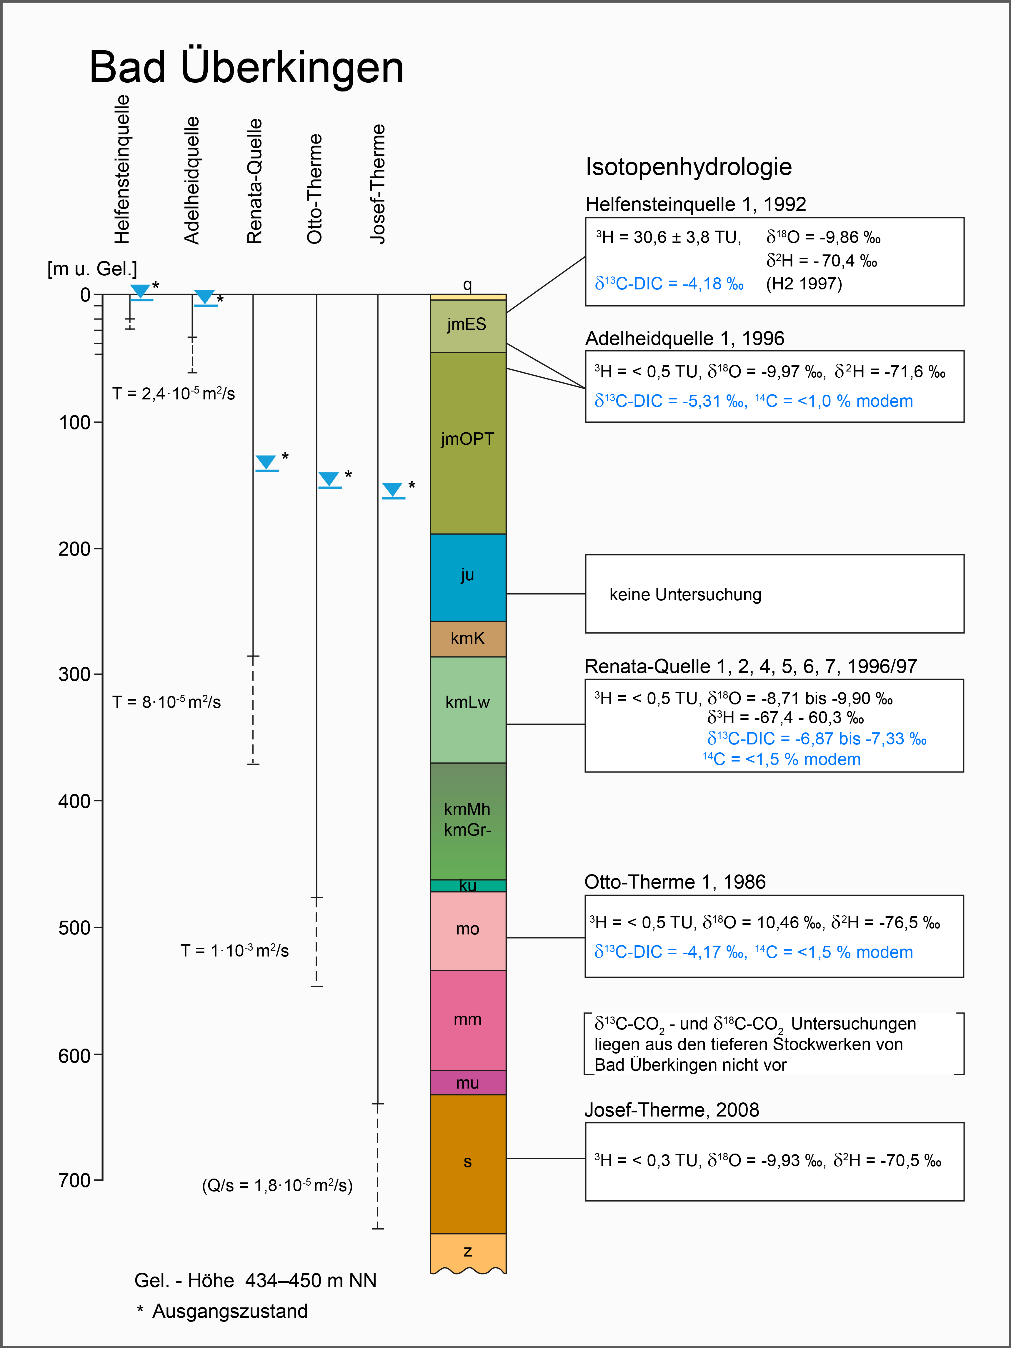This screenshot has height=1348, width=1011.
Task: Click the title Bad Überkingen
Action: coord(246,67)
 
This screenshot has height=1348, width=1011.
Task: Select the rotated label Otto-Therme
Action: coord(314,189)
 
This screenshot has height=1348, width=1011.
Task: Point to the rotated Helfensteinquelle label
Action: coord(122,169)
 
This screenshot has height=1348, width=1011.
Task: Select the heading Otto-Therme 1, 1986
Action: coord(674,882)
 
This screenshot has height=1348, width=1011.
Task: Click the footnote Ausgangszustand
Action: coord(230,1311)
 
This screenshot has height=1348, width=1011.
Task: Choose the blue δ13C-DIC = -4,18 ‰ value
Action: coord(669,284)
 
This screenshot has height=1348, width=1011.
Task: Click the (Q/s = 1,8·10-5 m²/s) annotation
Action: coord(277,1185)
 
